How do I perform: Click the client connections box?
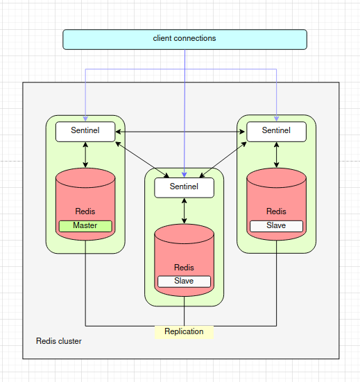click(185, 39)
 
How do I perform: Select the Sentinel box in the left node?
click(85, 130)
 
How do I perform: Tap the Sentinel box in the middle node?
click(184, 186)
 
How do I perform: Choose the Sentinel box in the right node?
click(276, 130)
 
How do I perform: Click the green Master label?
click(85, 225)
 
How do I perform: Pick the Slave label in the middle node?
click(184, 281)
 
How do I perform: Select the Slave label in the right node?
click(276, 225)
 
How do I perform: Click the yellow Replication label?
click(184, 331)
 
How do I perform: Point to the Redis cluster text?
click(58, 342)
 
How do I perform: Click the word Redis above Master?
click(85, 211)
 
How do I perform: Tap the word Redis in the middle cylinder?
click(184, 268)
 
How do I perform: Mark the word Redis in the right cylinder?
click(276, 211)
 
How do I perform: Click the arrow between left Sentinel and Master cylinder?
click(85, 155)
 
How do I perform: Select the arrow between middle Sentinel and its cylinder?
click(184, 211)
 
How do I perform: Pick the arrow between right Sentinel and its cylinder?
click(276, 155)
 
